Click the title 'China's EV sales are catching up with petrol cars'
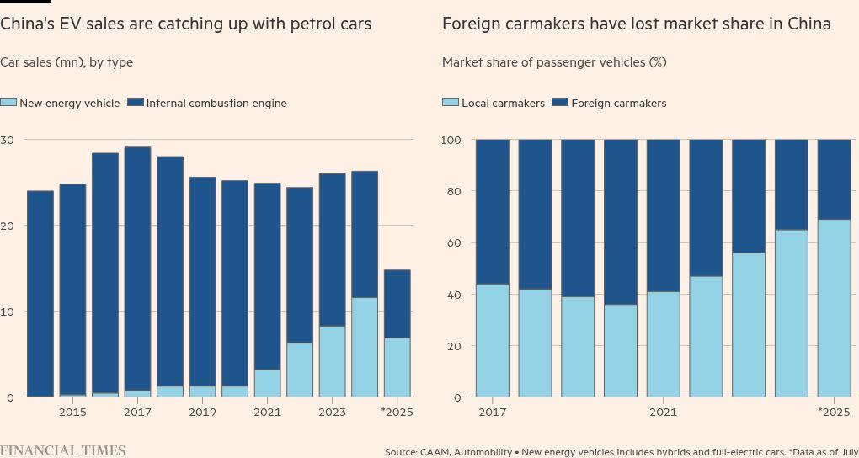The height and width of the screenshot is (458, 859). (x=185, y=24)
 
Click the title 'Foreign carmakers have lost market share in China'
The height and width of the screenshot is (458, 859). (x=636, y=24)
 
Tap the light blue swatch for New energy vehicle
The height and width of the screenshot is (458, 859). (x=8, y=103)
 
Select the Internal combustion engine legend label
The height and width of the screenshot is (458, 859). (x=216, y=103)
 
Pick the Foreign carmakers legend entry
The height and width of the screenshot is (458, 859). (x=618, y=103)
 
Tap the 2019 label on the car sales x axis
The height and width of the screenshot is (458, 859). (x=202, y=413)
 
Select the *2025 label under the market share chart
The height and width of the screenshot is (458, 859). (x=834, y=413)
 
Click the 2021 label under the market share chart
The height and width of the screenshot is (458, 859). (x=663, y=413)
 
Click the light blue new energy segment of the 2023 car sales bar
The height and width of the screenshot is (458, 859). (x=332, y=361)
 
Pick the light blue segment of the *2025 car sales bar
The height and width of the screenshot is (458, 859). (x=397, y=367)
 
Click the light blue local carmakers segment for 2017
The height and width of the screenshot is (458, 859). (x=492, y=340)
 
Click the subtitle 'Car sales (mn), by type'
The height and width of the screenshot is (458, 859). (x=67, y=62)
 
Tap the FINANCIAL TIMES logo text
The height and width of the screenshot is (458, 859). (x=63, y=450)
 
